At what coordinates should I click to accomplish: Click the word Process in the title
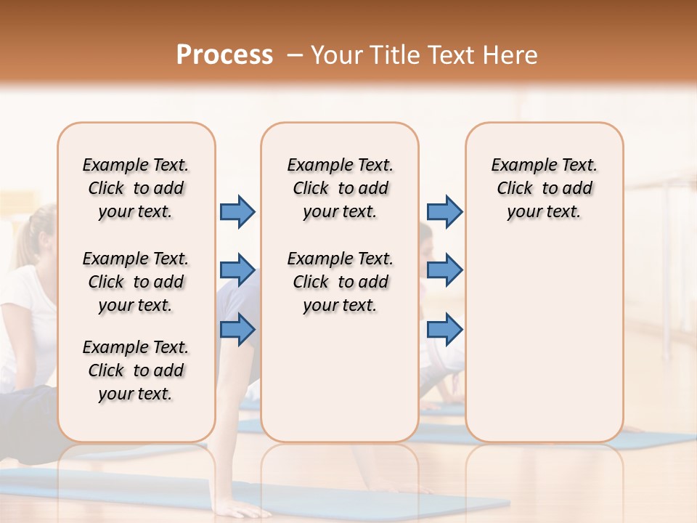(x=224, y=55)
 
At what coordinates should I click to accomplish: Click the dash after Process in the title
(x=294, y=56)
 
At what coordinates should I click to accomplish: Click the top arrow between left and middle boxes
(x=237, y=211)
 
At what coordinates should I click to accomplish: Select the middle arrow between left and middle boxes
(x=237, y=270)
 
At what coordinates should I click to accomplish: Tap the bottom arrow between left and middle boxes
(x=237, y=329)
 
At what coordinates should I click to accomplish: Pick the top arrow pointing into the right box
(x=444, y=211)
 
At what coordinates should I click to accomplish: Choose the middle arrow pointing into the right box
(x=444, y=270)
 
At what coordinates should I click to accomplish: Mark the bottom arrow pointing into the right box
(x=444, y=329)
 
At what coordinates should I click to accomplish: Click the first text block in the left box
(x=136, y=188)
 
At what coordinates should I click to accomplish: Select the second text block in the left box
(x=136, y=282)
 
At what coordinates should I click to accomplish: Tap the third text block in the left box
(x=136, y=370)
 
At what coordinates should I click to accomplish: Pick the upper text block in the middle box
(x=340, y=188)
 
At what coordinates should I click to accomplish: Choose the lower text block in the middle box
(x=340, y=282)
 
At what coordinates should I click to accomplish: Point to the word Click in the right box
(x=515, y=189)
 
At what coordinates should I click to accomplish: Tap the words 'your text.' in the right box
(x=544, y=212)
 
